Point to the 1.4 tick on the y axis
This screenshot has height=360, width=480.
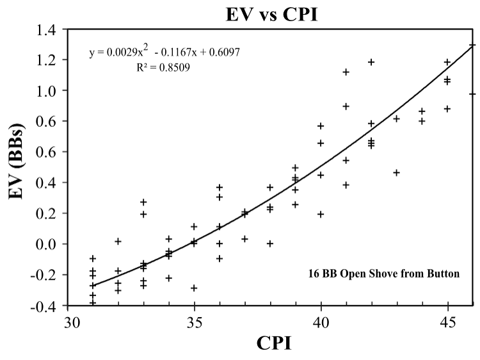47,29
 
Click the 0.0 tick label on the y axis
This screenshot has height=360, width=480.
47,244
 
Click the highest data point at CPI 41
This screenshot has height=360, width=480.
346,72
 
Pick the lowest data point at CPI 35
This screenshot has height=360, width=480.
194,288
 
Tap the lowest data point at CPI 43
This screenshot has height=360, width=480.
397,172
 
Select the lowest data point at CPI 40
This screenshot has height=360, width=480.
321,214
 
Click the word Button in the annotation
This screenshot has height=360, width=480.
443,274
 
